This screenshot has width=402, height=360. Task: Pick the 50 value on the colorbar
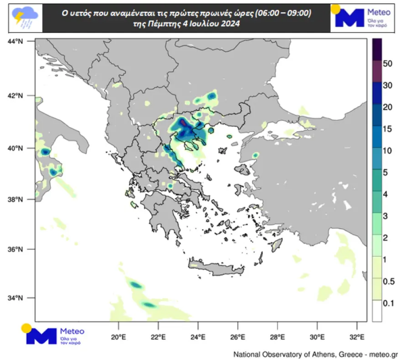point(387,64)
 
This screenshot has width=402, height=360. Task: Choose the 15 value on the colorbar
point(387,129)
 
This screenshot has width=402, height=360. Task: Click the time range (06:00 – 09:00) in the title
point(283,14)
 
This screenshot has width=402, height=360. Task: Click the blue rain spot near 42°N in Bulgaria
point(212,96)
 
